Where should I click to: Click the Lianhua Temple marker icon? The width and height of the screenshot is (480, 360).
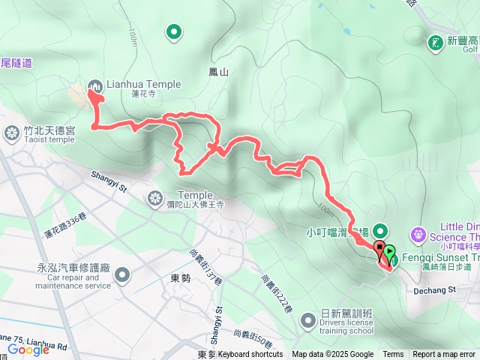point(96,85)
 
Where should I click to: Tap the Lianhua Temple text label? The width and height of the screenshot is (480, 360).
point(145,85)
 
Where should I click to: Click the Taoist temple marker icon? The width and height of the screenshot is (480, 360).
point(12,133)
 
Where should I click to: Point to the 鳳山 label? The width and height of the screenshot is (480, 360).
point(218,72)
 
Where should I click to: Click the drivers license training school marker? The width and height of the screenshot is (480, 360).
point(308,321)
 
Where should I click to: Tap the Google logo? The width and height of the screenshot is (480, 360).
point(28,349)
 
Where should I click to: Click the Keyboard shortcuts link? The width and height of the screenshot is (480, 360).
point(250,355)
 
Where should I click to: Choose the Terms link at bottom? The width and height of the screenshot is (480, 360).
point(393,355)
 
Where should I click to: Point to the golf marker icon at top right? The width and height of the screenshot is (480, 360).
point(434,43)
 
